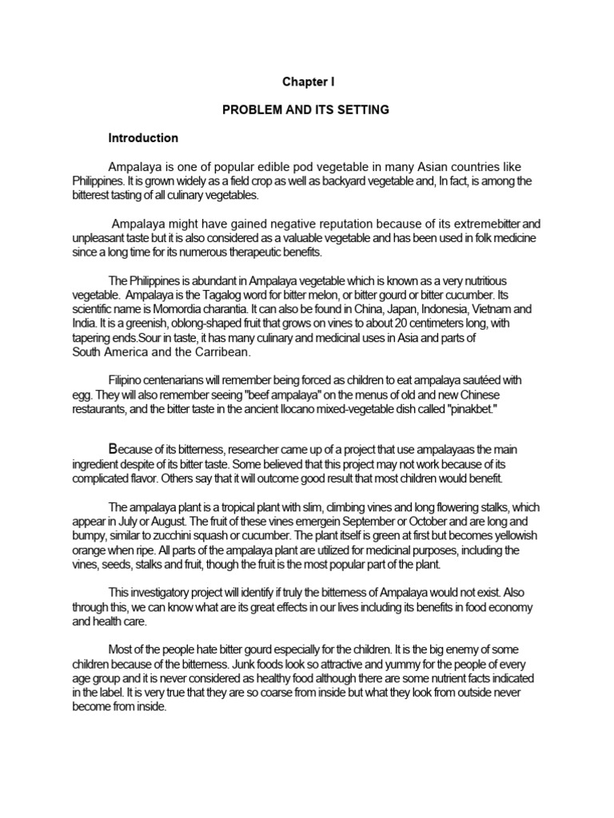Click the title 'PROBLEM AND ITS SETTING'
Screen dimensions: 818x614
[305, 109]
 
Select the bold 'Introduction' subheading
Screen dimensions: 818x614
[144, 138]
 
